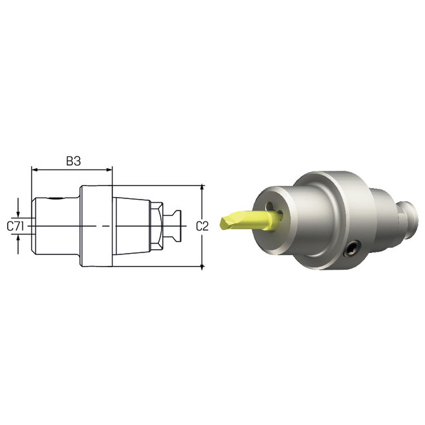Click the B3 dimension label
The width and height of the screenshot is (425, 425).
pos(73,161)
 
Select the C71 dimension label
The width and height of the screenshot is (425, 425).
pos(15,226)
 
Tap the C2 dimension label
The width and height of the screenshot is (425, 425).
pos(202,226)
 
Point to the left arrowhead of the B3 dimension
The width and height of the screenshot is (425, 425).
pos(35,171)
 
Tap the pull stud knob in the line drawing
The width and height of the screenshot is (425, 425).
pos(175,226)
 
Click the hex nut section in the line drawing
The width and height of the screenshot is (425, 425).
pos(156,226)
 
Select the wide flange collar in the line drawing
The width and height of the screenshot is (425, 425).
pos(97,226)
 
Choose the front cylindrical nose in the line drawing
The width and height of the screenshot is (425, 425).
pos(57,226)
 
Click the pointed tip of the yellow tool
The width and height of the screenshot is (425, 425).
pos(222,224)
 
